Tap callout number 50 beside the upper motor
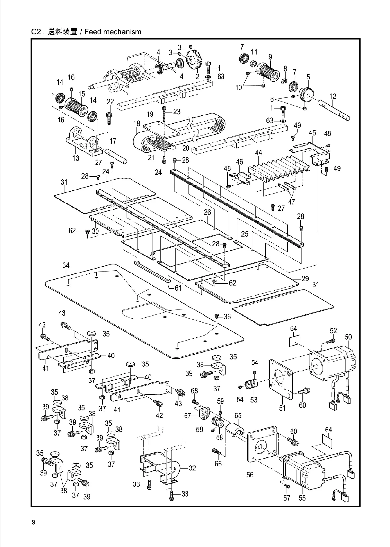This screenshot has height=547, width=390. click(348, 337)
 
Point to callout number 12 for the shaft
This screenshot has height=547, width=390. click(333, 96)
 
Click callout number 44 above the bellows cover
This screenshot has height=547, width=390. click(258, 153)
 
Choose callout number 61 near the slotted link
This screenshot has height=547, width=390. click(178, 288)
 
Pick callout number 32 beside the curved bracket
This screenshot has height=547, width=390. click(192, 468)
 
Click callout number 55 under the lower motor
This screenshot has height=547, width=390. click(302, 498)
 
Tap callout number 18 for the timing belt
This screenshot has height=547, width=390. click(137, 124)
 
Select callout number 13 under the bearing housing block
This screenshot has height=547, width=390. click(76, 158)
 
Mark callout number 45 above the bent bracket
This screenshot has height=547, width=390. click(312, 133)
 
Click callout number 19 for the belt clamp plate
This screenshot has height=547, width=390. click(150, 115)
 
